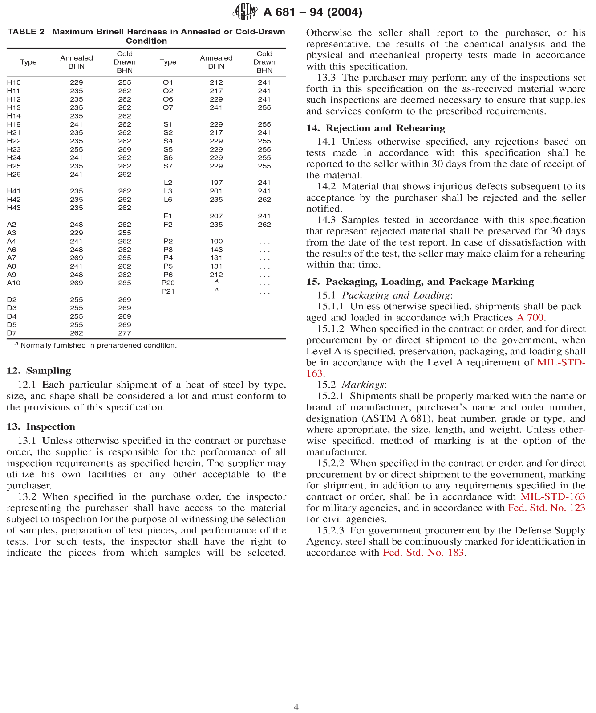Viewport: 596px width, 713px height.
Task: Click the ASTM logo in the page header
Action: (x=245, y=11)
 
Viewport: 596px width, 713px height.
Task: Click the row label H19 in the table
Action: (x=14, y=124)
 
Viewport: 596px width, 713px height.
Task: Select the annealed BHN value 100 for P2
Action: (x=216, y=241)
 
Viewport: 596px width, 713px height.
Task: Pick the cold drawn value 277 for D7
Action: (x=125, y=333)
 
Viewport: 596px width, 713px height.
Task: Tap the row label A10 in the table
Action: (x=14, y=283)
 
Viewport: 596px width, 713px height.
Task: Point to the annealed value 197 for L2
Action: (x=216, y=183)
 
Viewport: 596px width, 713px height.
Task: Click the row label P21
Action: (x=168, y=291)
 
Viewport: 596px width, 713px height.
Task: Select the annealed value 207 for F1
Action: (x=216, y=216)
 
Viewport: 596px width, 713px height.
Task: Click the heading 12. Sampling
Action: (x=39, y=371)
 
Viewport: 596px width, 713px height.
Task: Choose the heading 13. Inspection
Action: (x=41, y=426)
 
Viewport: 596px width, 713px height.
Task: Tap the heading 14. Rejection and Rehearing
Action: (x=376, y=128)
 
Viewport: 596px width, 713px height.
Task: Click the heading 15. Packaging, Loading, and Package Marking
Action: (x=420, y=282)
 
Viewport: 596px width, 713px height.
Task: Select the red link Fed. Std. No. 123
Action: (x=546, y=508)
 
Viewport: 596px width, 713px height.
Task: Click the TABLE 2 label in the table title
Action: (x=26, y=32)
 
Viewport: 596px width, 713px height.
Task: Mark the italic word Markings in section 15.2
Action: (x=363, y=385)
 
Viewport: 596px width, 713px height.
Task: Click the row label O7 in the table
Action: (x=168, y=107)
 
